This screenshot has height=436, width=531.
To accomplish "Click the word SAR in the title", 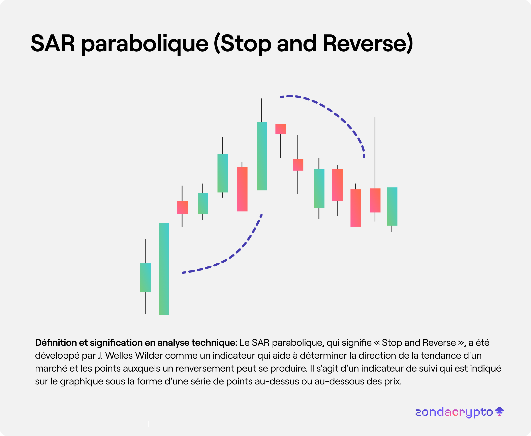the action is tap(53, 43).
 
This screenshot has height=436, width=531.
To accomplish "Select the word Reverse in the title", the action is tap(364, 43).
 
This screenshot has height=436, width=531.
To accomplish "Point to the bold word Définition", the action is tap(56, 343).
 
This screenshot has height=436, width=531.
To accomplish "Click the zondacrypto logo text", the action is tap(454, 412).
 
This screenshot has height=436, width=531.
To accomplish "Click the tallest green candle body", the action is tap(164, 269).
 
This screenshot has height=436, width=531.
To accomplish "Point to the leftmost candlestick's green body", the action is tap(145, 278).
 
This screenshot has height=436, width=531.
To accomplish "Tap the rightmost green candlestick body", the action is tap(392, 206).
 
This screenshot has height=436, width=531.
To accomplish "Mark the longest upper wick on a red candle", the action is tap(375, 153).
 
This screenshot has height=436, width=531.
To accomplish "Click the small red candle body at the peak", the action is tap(280, 129).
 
